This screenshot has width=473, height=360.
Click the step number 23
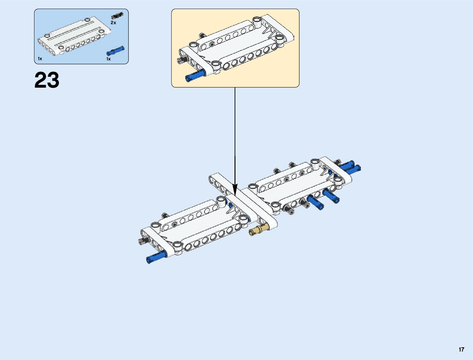(x=47, y=80)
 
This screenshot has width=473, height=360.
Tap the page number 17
(x=461, y=349)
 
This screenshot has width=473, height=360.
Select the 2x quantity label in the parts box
(x=113, y=23)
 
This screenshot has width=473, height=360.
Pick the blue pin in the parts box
(x=115, y=50)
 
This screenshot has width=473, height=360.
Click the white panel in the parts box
(x=74, y=38)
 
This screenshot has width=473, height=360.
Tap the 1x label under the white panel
(x=40, y=59)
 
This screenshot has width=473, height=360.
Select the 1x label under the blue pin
(x=109, y=59)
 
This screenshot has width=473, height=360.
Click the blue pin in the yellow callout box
(x=195, y=76)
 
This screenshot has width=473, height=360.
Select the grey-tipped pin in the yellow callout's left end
(x=181, y=60)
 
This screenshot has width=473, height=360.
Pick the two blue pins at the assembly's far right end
(x=351, y=167)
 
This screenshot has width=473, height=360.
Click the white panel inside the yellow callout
(x=236, y=45)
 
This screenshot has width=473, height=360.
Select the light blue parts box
(x=81, y=36)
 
